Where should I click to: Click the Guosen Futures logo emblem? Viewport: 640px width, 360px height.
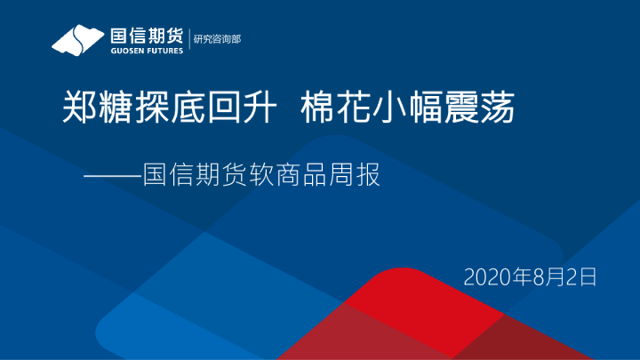(78, 39)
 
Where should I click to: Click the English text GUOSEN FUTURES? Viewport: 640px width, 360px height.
(147, 51)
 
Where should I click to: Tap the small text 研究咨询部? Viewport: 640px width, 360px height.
(217, 39)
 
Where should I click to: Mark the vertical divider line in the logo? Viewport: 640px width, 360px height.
(188, 40)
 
